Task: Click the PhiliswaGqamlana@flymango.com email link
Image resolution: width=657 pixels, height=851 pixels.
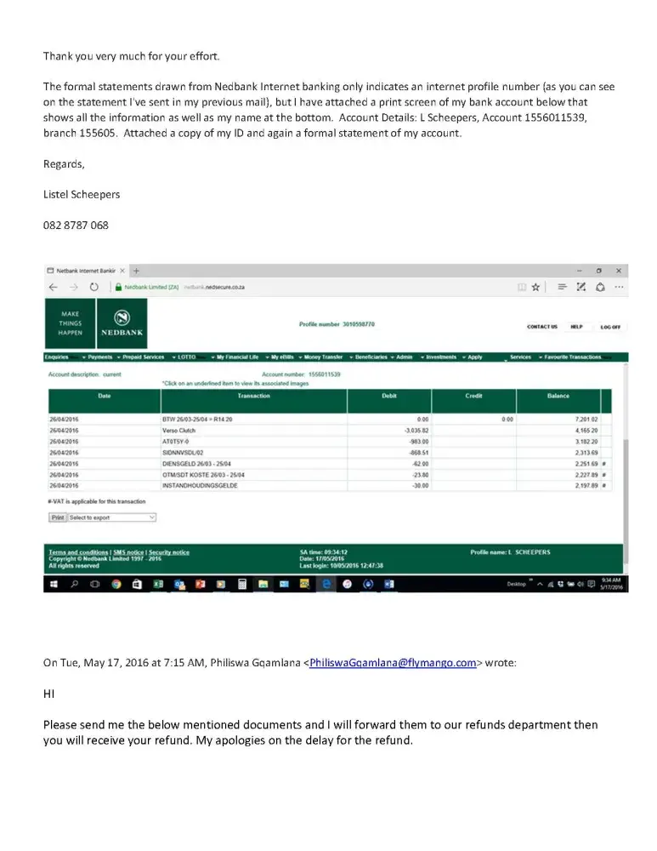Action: (x=393, y=664)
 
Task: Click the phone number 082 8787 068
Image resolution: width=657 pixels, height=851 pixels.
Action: (x=76, y=226)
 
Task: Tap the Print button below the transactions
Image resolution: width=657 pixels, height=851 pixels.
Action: (x=57, y=517)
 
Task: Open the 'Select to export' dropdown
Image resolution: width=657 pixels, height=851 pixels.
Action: (x=112, y=517)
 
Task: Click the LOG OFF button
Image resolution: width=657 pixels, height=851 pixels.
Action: (x=610, y=327)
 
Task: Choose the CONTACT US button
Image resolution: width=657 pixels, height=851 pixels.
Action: (x=542, y=327)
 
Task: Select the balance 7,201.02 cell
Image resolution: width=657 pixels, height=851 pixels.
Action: (x=585, y=420)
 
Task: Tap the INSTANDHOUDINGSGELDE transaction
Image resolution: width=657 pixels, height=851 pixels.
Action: (x=197, y=485)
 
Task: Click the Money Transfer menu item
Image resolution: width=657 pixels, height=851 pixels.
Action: (x=323, y=357)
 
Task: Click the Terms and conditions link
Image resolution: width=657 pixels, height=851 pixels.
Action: (x=78, y=552)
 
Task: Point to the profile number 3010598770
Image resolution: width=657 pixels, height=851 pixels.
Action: (x=337, y=324)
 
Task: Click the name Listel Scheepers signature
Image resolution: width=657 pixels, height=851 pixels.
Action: (x=82, y=194)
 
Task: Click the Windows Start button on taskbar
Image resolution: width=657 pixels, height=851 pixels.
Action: (x=54, y=585)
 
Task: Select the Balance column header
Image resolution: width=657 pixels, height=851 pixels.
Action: (x=558, y=396)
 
